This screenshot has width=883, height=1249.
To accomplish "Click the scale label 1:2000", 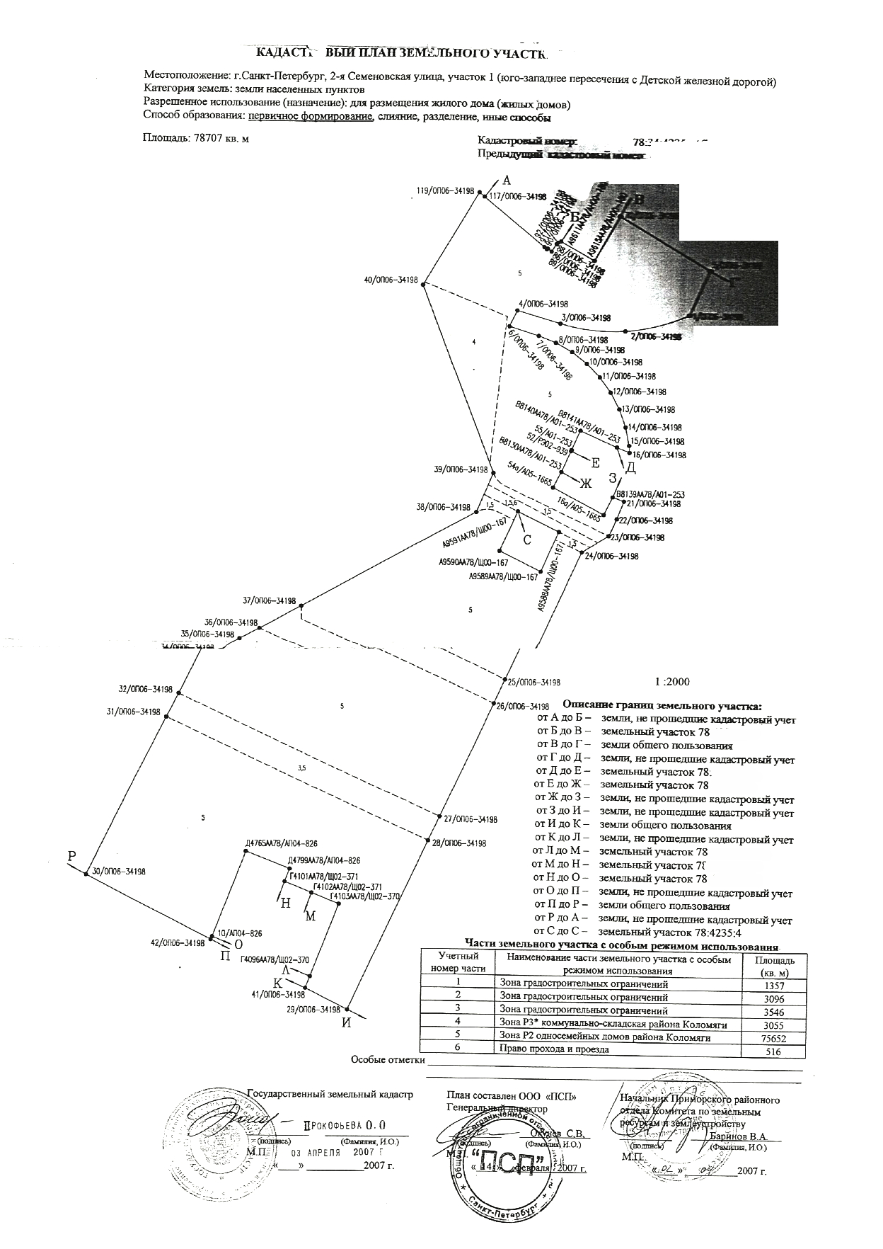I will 671,682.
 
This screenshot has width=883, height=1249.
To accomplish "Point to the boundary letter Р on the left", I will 71,856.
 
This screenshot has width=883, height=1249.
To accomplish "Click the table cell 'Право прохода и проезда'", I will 554,1049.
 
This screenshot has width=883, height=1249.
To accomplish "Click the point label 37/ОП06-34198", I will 269,600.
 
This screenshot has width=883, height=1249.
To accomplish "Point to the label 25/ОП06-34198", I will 533,683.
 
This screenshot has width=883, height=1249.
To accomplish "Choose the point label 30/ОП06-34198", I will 119,872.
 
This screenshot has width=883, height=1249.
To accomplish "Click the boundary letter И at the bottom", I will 346,1022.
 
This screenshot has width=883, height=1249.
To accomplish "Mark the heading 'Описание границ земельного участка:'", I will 662,705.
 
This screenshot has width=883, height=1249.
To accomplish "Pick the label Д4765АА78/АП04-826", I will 281,843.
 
